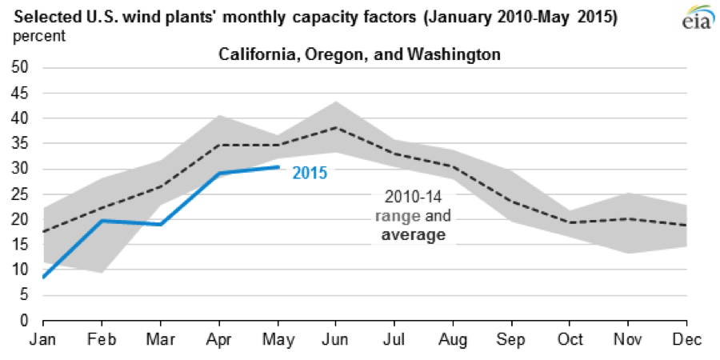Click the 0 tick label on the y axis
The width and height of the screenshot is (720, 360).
click(x=23, y=320)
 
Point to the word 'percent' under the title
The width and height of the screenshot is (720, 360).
click(x=38, y=36)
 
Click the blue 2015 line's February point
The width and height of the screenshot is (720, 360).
click(x=101, y=220)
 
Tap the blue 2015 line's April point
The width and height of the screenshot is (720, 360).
click(x=218, y=173)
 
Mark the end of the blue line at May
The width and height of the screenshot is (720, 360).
click(x=278, y=166)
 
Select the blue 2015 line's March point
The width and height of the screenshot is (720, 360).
click(x=159, y=224)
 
